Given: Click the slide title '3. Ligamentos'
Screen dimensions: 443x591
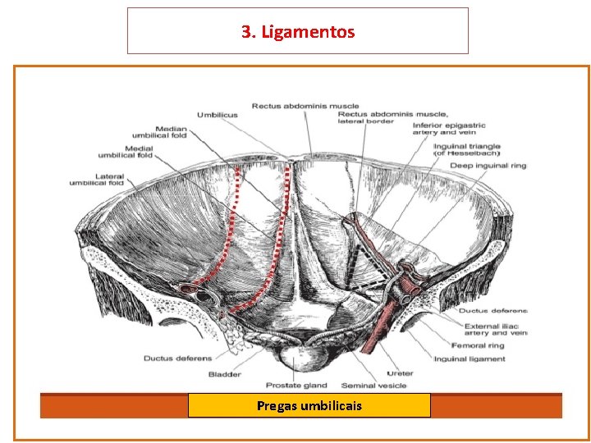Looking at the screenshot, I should point(298,32).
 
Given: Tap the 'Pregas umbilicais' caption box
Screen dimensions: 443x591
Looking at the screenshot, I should point(309,405).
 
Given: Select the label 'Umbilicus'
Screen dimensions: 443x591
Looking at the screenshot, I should point(217,115).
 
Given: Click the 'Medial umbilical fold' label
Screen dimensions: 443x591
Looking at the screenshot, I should point(125,151).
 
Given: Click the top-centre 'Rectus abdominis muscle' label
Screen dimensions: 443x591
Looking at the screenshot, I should point(305,106).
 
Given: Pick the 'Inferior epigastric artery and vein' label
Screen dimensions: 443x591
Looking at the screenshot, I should point(448,129).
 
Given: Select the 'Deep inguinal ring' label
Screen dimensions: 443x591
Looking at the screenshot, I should point(488,166).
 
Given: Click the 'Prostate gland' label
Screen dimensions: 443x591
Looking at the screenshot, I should point(296,386).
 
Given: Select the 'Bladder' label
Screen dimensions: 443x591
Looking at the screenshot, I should point(224,374).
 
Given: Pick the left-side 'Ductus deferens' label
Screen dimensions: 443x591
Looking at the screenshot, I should point(178,359).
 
